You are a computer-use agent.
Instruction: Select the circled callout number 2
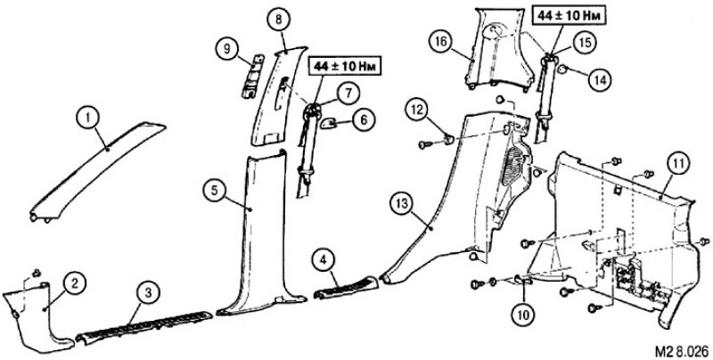click(x=75, y=283)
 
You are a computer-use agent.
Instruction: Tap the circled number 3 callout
click(x=148, y=294)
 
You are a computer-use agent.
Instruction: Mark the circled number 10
click(x=523, y=313)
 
